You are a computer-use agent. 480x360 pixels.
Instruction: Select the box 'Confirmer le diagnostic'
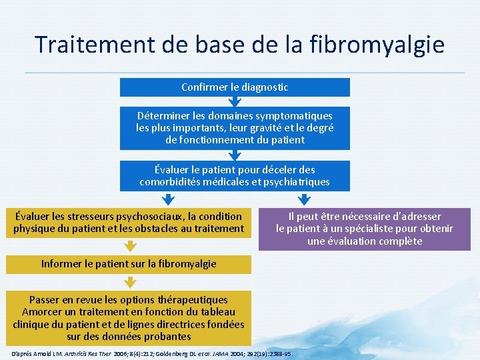[x=235, y=87]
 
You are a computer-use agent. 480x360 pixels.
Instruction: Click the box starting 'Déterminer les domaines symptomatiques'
[x=235, y=127]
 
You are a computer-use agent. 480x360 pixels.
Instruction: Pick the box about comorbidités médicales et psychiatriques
[x=235, y=175]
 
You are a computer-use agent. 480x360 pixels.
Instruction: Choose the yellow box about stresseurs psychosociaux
[x=129, y=223]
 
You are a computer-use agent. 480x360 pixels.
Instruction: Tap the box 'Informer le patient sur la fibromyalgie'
[x=129, y=263]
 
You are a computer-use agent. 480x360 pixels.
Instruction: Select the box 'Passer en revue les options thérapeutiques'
[x=129, y=318]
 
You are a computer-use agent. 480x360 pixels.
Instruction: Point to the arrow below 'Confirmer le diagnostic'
[x=235, y=102]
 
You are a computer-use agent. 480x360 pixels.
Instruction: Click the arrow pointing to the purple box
[x=304, y=199]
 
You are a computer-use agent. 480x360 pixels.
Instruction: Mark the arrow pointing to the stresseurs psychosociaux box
[x=169, y=199]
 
